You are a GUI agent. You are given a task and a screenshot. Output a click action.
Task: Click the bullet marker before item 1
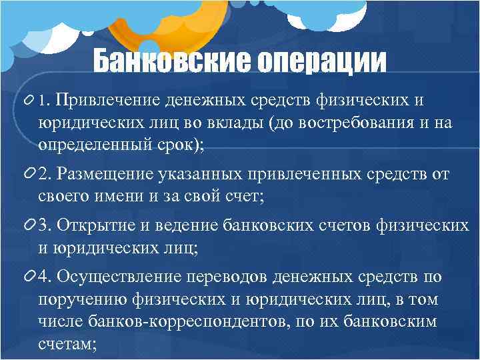coord(30,100)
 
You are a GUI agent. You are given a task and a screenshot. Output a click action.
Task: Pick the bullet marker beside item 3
coord(30,225)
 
